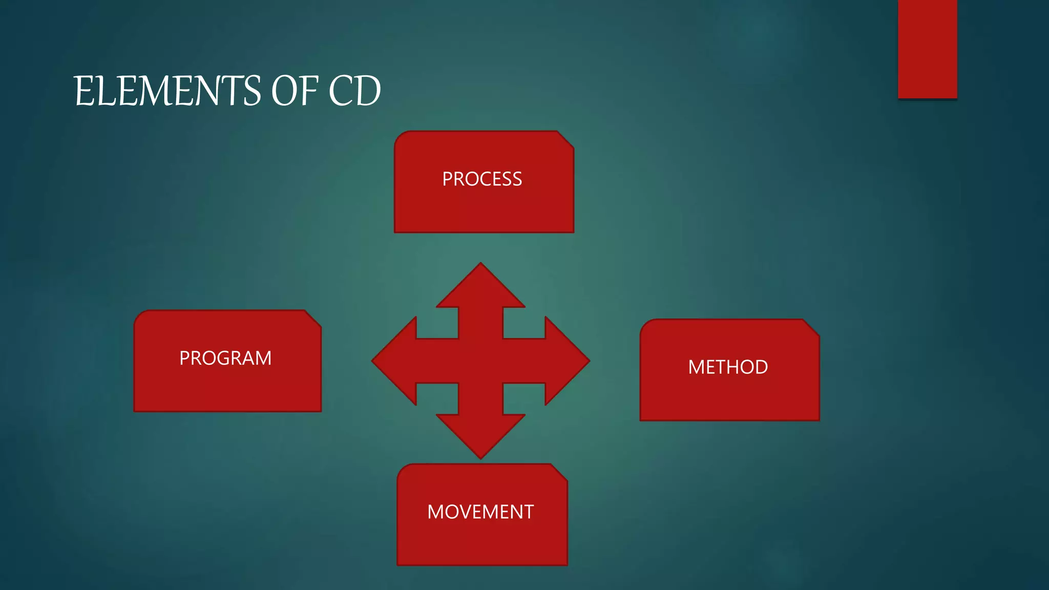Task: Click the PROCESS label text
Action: click(482, 179)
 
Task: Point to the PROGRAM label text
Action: click(225, 358)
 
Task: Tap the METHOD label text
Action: click(728, 367)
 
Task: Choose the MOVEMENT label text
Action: click(480, 512)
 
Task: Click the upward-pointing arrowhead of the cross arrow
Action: click(480, 287)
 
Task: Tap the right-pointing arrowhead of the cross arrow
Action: click(566, 361)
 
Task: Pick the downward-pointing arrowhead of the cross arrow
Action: click(480, 435)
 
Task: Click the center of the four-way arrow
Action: click(480, 361)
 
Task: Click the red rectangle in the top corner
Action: click(927, 49)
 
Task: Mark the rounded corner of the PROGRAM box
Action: click(140, 317)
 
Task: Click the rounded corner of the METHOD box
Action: click(646, 326)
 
